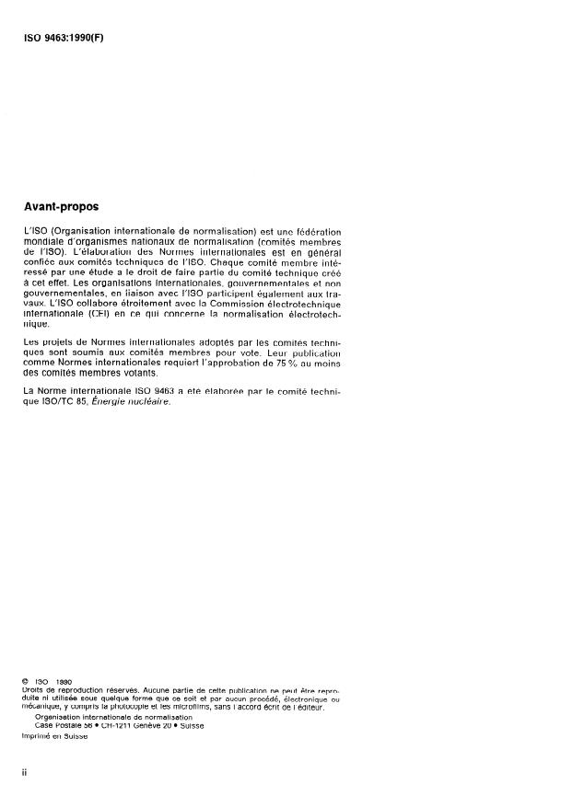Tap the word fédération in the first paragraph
[318, 228]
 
